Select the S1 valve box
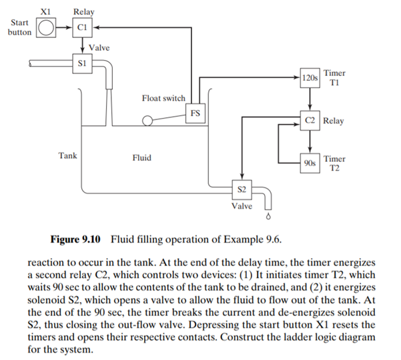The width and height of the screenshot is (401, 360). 82,63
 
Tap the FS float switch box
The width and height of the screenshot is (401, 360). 195,113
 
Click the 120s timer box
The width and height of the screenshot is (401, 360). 310,78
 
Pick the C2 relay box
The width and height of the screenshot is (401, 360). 310,121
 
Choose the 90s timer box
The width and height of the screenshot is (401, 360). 310,163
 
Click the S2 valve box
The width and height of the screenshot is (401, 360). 242,190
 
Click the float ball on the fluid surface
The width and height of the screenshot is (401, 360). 146,121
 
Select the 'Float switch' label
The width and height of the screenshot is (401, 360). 163,99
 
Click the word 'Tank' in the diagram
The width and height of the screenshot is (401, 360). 67,156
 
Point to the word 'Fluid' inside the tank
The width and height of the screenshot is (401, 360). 141,158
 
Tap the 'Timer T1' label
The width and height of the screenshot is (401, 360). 334,77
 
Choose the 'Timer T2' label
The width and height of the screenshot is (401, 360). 334,163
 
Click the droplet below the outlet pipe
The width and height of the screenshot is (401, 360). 270,217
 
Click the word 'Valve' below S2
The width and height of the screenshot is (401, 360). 242,206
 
